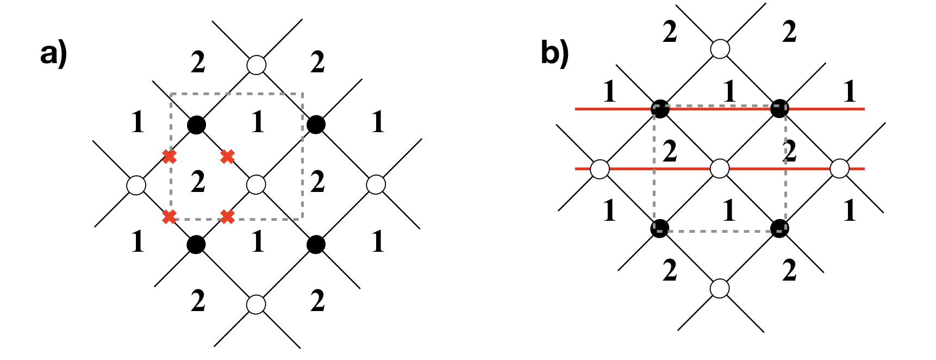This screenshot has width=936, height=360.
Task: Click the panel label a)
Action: click(x=53, y=55)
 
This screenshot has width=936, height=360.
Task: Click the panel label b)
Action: click(x=554, y=54)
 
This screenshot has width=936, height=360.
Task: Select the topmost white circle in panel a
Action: click(x=256, y=65)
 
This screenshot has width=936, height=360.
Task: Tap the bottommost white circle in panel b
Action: click(x=720, y=288)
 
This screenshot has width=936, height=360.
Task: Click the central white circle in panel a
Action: click(x=256, y=185)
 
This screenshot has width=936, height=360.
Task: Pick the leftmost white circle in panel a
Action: click(x=136, y=185)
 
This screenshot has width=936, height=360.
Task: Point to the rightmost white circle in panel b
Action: click(x=840, y=169)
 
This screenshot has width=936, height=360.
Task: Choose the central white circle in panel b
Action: click(x=720, y=169)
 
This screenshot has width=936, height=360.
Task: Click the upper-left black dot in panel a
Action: click(x=196, y=125)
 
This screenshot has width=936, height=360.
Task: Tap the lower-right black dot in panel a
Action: click(x=316, y=245)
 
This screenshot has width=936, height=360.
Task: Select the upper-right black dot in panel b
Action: click(x=779, y=109)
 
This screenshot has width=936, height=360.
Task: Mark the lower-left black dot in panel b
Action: click(x=660, y=228)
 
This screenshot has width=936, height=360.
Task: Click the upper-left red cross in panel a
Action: click(x=170, y=157)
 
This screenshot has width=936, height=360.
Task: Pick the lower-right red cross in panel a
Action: click(x=228, y=217)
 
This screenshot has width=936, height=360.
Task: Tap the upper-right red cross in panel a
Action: click(x=228, y=157)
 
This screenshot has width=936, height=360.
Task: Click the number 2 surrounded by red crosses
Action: click(x=198, y=182)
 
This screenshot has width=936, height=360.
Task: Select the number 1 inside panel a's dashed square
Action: click(x=258, y=122)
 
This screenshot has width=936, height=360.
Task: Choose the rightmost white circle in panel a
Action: click(x=376, y=185)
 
